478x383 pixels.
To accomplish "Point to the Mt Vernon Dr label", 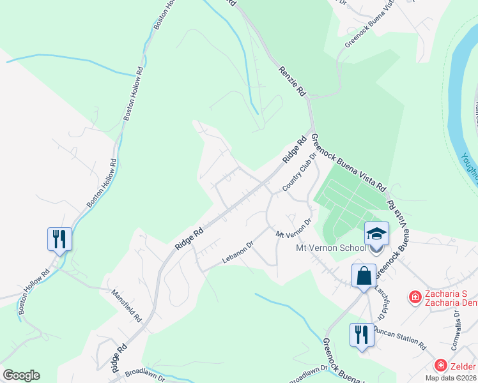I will (293, 229).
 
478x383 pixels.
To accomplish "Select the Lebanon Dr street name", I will (238, 252).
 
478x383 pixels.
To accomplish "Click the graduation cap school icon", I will (376, 233).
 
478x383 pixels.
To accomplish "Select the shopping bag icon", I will (364, 276).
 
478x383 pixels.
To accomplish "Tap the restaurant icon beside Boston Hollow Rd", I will (59, 239).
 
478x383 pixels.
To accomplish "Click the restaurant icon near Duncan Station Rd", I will (362, 334).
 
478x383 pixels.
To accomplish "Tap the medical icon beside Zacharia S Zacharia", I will (415, 297).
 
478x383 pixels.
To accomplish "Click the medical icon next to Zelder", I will (440, 365).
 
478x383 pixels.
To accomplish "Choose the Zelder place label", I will (464, 365).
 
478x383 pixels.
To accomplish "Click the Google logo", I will (21, 375).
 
